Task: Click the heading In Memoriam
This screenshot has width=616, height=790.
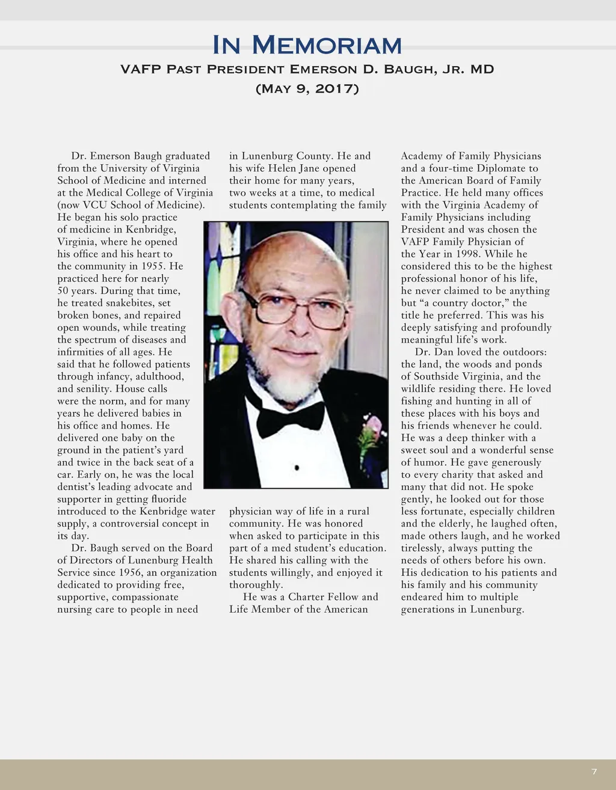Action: click(x=307, y=45)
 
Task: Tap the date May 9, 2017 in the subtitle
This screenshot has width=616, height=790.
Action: click(x=307, y=89)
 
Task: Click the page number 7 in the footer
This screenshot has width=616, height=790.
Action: click(x=594, y=771)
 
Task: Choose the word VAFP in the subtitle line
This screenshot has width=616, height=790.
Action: click(x=141, y=69)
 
